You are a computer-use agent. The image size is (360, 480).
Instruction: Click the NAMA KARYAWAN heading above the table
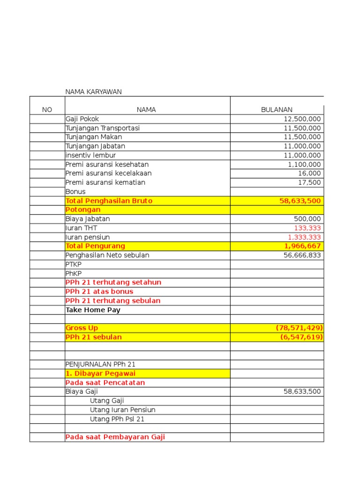tap(93, 92)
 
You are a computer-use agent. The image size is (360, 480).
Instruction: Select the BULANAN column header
tap(277, 110)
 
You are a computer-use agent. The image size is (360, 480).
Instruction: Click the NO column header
tap(47, 110)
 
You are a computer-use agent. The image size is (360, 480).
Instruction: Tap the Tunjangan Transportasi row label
tap(103, 128)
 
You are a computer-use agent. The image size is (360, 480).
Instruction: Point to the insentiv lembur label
tap(90, 155)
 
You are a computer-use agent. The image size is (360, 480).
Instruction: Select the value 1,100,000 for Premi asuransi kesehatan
tap(304, 165)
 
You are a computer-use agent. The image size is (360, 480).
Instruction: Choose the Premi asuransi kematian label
tap(105, 182)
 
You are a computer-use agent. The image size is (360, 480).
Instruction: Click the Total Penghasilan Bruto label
tap(109, 201)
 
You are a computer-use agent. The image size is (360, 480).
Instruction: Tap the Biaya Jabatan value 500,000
tap(308, 219)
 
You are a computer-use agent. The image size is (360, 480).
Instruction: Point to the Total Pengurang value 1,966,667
tap(302, 246)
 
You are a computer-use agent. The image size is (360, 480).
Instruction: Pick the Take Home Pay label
tap(93, 310)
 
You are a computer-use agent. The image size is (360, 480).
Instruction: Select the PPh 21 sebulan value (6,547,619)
tap(301, 337)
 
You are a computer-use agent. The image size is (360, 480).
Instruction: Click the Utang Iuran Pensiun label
tap(122, 410)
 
